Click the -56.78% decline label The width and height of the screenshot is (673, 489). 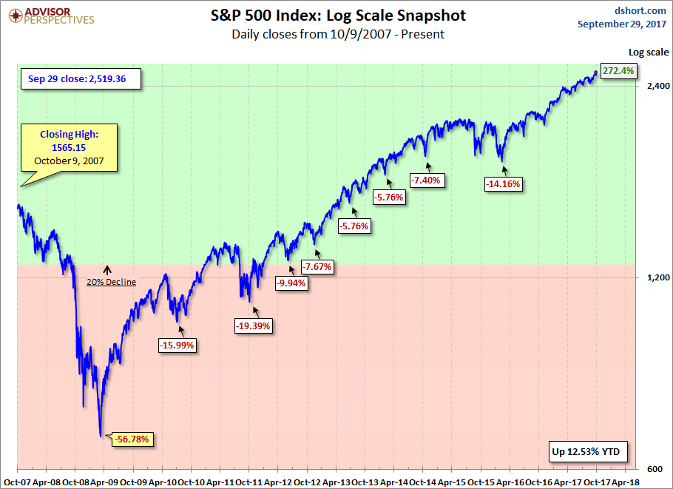(x=134, y=439)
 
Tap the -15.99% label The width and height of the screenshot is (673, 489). (x=177, y=345)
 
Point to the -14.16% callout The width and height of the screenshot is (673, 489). (x=503, y=184)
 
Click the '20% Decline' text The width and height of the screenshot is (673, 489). (x=111, y=282)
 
